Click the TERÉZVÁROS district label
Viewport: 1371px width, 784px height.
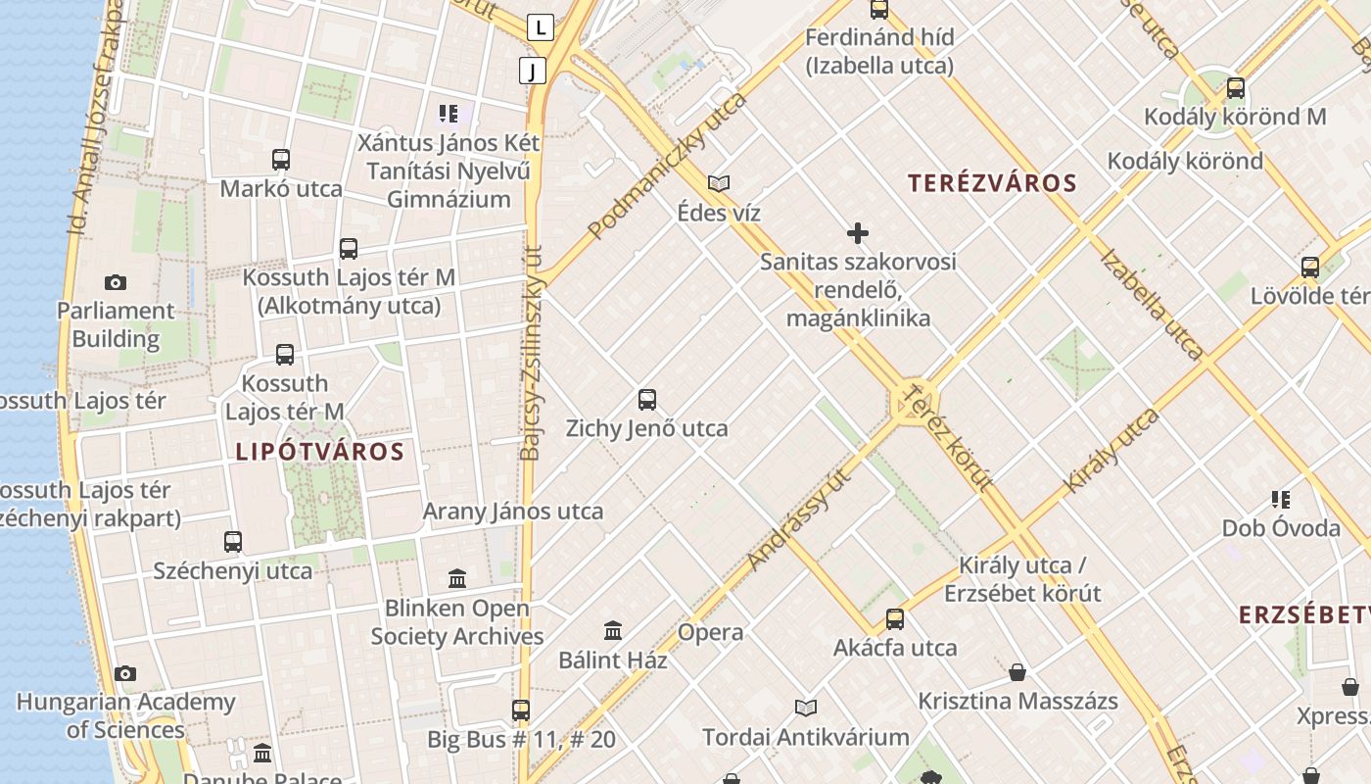click(992, 183)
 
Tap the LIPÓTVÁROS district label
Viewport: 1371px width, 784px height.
click(319, 452)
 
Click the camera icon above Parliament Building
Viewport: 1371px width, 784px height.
click(116, 283)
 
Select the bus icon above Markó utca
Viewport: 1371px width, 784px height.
click(281, 160)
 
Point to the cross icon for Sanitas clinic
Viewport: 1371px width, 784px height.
click(858, 233)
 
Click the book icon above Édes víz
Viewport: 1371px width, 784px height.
click(719, 183)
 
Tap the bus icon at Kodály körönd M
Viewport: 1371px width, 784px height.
click(1236, 88)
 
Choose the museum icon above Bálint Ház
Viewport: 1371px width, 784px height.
click(613, 630)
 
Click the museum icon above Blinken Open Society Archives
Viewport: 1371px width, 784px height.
click(457, 578)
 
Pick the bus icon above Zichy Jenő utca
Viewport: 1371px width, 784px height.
click(647, 399)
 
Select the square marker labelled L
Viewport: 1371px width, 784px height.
click(541, 27)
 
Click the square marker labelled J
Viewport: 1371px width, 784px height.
click(533, 71)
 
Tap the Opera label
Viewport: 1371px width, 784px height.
click(711, 632)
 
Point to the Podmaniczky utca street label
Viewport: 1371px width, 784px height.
click(667, 166)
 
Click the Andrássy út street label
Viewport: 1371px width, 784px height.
click(797, 520)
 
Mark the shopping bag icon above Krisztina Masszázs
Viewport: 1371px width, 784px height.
click(1018, 672)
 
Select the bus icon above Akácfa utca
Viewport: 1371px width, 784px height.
click(895, 619)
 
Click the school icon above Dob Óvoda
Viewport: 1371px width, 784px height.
click(1281, 500)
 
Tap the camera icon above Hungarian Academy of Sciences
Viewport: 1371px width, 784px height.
click(125, 674)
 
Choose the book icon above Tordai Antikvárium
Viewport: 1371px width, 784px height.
click(806, 708)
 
